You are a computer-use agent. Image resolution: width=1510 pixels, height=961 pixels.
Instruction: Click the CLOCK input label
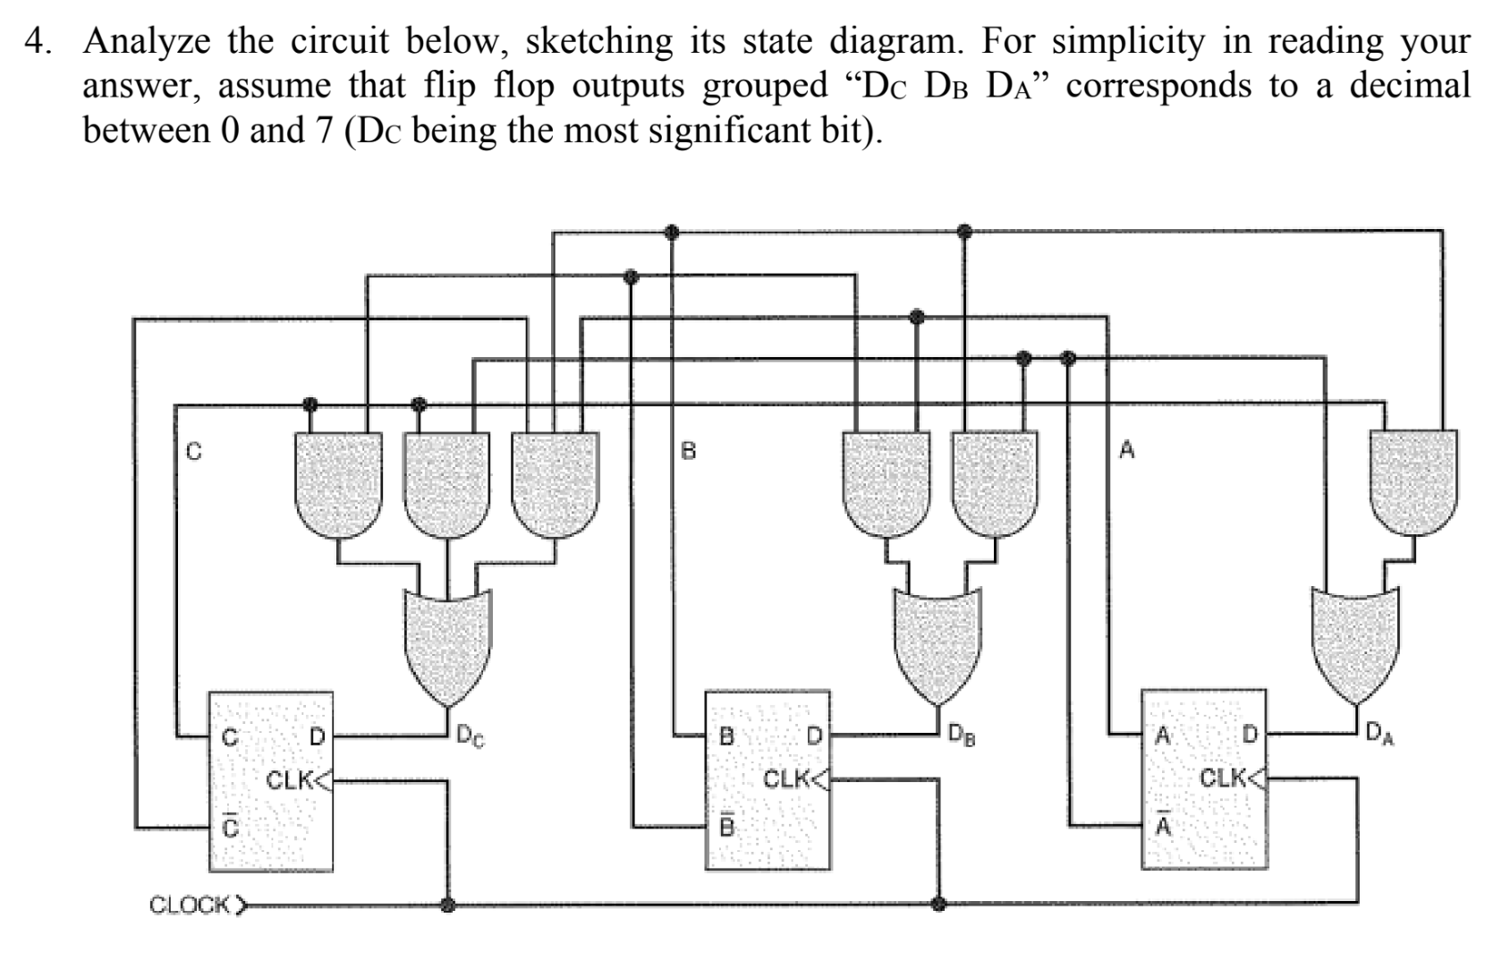pyautogui.click(x=190, y=905)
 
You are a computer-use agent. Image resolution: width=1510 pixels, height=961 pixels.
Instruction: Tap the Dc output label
pyautogui.click(x=471, y=737)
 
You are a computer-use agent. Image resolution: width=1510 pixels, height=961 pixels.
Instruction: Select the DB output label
pyautogui.click(x=962, y=737)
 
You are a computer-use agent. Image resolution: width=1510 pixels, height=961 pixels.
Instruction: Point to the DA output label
pyautogui.click(x=1379, y=736)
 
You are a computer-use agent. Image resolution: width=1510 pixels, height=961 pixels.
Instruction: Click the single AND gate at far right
pyautogui.click(x=1414, y=482)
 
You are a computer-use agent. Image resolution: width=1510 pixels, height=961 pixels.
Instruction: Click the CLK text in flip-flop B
pyautogui.click(x=785, y=778)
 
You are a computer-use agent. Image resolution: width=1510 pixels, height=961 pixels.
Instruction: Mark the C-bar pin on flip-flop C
pyautogui.click(x=230, y=826)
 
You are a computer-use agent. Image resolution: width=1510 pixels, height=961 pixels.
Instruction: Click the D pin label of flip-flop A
pyautogui.click(x=1250, y=736)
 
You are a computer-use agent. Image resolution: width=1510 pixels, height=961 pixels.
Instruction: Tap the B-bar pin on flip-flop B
pyautogui.click(x=726, y=825)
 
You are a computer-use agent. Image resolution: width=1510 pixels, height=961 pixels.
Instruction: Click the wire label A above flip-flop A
pyautogui.click(x=1127, y=450)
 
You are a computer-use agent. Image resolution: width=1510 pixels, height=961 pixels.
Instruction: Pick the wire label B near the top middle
pyautogui.click(x=688, y=450)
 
